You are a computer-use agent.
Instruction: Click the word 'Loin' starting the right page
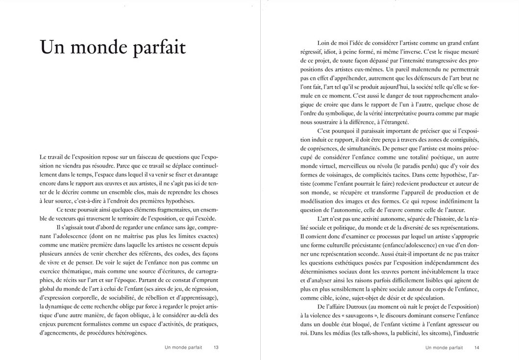[x=324, y=43]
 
